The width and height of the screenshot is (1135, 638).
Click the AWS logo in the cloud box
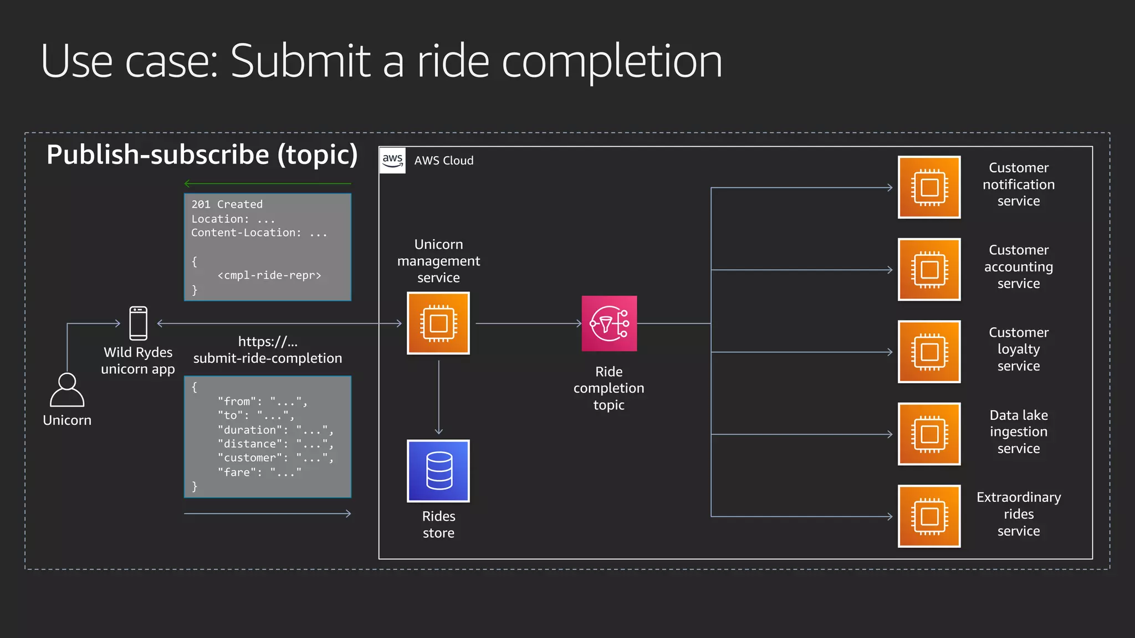(392, 160)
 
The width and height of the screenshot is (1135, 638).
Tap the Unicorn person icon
(67, 390)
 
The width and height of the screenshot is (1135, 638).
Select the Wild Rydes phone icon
(139, 323)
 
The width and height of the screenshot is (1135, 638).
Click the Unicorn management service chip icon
(438, 323)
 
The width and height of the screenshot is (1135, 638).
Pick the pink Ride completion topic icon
(609, 323)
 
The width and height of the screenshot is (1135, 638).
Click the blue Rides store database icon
(438, 471)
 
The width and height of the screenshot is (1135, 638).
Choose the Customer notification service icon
(929, 187)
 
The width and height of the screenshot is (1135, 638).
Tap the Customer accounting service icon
(929, 270)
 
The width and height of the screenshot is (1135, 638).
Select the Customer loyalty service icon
(929, 352)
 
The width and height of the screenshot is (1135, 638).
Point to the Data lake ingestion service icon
(929, 434)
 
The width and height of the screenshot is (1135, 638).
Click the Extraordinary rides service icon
(929, 516)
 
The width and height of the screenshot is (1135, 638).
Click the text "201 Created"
(227, 204)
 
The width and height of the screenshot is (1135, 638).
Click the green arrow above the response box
(268, 183)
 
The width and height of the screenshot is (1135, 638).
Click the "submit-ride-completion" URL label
(268, 358)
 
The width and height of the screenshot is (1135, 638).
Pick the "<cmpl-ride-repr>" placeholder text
(269, 275)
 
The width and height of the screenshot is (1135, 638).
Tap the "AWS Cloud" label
(444, 161)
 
